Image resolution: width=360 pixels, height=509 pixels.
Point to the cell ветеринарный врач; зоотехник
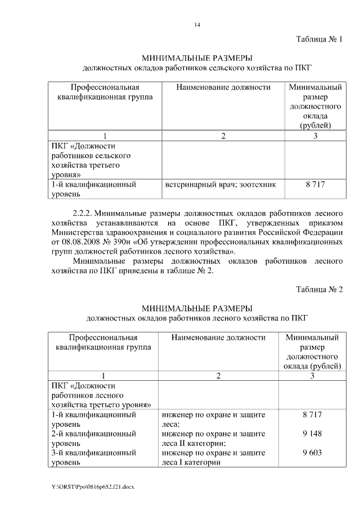tap(220, 184)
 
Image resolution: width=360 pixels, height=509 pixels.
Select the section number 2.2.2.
tap(85, 214)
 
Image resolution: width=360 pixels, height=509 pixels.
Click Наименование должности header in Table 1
tap(223, 87)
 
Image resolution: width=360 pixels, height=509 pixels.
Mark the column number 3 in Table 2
tap(312, 376)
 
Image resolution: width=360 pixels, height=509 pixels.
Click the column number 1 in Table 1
tap(104, 136)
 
